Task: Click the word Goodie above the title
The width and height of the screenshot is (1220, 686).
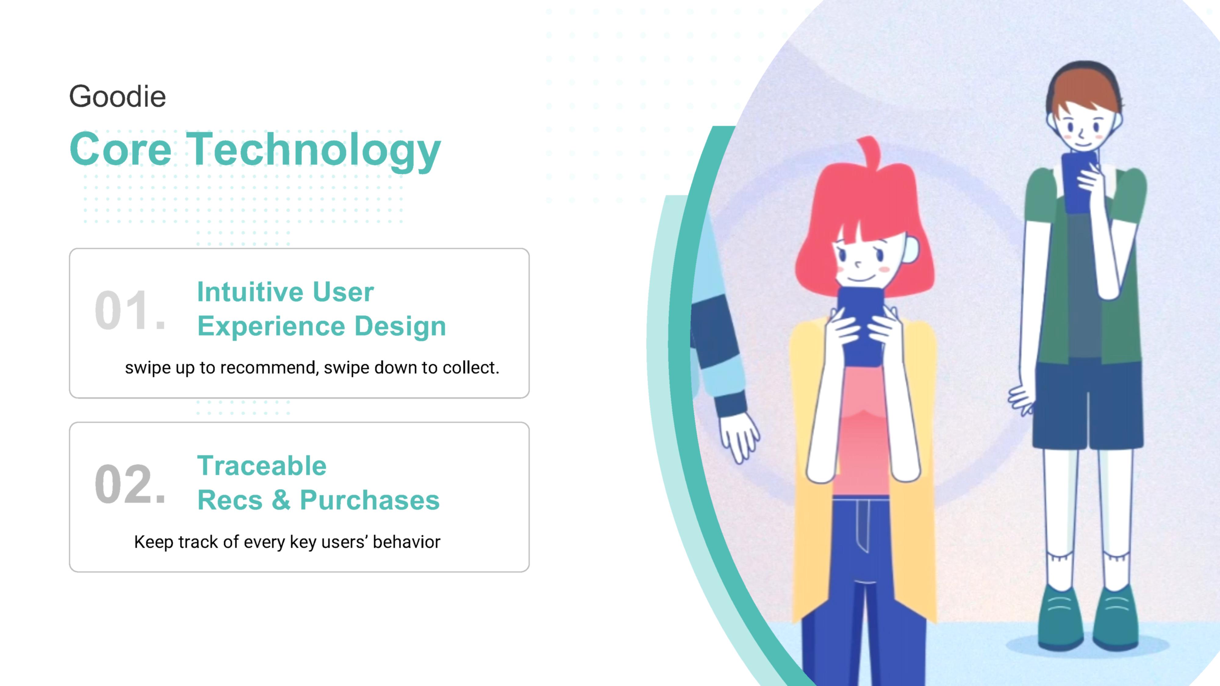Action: [117, 97]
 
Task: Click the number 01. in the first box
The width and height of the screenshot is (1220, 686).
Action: [130, 310]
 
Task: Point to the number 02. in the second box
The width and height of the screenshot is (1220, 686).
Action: [130, 484]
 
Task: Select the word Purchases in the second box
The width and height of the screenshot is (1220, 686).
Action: [370, 500]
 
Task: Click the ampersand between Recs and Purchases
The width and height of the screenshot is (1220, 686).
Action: [281, 500]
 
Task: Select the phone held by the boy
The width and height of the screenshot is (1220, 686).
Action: [1079, 182]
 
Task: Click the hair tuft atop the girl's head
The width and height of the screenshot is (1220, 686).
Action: [869, 151]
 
